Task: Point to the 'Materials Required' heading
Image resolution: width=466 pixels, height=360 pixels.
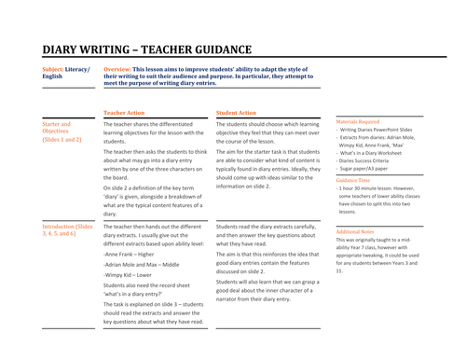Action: (358, 121)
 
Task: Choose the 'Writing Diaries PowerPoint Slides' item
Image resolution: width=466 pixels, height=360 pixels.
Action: (382, 130)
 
